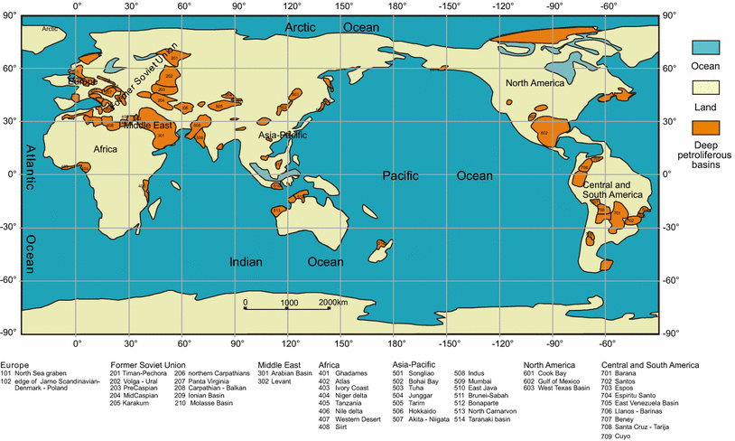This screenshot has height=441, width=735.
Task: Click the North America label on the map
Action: point(535,83)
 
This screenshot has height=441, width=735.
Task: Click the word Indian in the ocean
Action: point(245,262)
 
